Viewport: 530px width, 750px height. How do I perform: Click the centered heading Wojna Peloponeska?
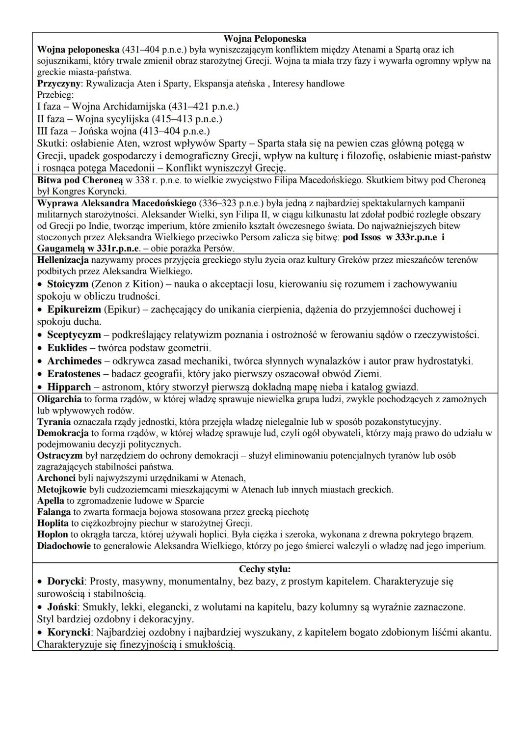pyautogui.click(x=265, y=38)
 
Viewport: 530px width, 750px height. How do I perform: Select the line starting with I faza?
pyautogui.click(x=138, y=106)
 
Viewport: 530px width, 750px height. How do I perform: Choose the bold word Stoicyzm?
pyautogui.click(x=68, y=284)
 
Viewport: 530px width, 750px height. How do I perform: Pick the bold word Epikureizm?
pyautogui.click(x=74, y=309)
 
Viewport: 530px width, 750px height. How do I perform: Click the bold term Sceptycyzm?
pyautogui.click(x=74, y=335)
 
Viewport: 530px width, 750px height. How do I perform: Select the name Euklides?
pyautogui.click(x=67, y=348)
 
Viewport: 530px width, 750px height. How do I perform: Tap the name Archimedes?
pyautogui.click(x=74, y=361)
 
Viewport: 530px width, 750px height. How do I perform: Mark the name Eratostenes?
pyautogui.click(x=74, y=374)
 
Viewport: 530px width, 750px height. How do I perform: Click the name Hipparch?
pyautogui.click(x=69, y=387)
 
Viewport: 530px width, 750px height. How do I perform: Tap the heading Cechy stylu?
pyautogui.click(x=265, y=569)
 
